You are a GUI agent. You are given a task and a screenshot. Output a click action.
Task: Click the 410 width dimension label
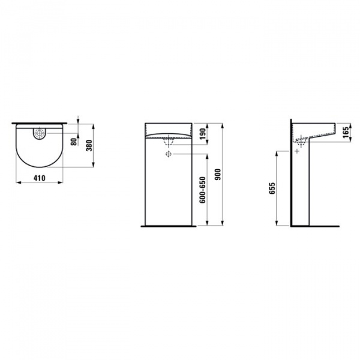[x=41, y=178]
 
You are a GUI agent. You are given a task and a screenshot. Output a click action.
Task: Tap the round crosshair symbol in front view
[x=169, y=154]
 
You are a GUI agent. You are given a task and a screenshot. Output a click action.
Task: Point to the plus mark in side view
[x=297, y=151]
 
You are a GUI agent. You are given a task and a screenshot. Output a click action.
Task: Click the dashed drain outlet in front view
[x=169, y=142]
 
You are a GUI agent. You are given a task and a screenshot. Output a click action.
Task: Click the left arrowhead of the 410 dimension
[x=15, y=184]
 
